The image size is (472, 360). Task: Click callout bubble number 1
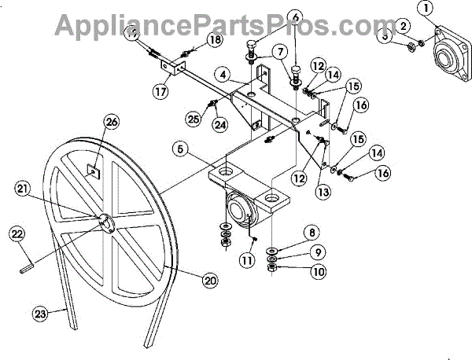(x=425, y=9)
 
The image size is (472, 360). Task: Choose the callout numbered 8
(x=312, y=232)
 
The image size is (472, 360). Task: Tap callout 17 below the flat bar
(x=161, y=90)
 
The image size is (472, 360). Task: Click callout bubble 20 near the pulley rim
(x=209, y=279)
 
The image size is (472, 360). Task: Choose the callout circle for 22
(x=18, y=233)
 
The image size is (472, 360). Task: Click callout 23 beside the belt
(x=41, y=313)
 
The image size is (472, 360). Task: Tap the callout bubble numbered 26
(x=110, y=121)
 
